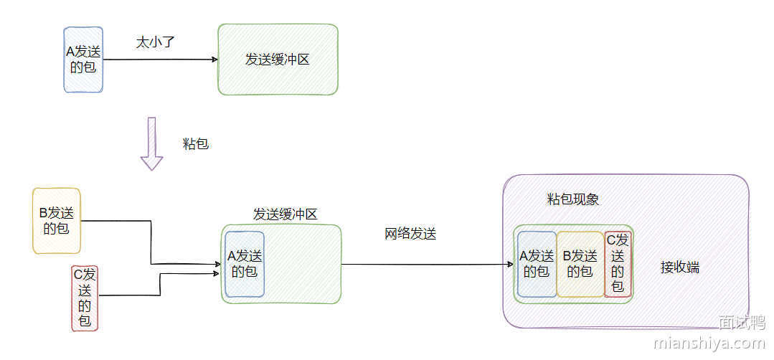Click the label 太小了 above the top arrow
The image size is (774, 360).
[x=156, y=42]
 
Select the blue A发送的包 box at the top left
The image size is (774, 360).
[x=83, y=60]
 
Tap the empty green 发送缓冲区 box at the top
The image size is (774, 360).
[x=278, y=60]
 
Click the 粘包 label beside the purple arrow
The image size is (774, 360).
[x=196, y=143]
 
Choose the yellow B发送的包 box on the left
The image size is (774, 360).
[x=57, y=221]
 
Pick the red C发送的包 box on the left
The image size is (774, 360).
[x=85, y=298]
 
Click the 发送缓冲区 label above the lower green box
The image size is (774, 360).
[x=285, y=214]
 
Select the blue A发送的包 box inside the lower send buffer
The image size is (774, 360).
[x=245, y=264]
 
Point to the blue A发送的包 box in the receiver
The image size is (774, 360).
[x=537, y=264]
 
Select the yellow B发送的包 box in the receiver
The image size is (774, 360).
[x=580, y=264]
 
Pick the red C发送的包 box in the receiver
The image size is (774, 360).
[x=618, y=264]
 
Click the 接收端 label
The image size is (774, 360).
[x=679, y=267]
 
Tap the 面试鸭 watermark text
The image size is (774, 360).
[x=742, y=323]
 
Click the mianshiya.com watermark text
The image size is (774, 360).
[x=709, y=343]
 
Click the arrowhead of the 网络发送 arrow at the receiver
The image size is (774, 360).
[x=510, y=265]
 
